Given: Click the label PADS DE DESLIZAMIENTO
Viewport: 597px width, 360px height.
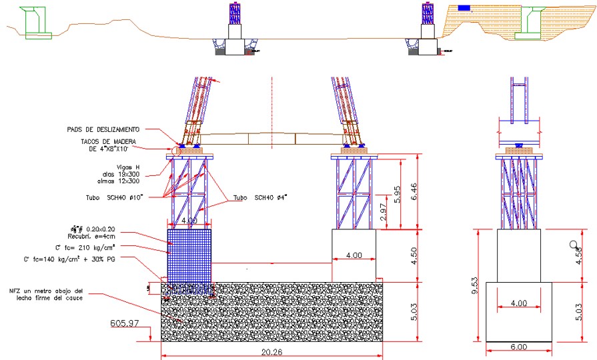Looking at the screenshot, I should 103,129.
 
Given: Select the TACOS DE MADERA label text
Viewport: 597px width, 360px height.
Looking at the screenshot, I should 109,145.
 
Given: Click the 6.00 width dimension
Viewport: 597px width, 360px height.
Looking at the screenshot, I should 518,347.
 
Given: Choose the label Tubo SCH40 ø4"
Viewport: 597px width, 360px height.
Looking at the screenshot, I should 261,197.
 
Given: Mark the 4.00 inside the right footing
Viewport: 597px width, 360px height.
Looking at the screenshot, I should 354,254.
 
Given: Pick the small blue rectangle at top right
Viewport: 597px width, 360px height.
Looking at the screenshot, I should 464,8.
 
